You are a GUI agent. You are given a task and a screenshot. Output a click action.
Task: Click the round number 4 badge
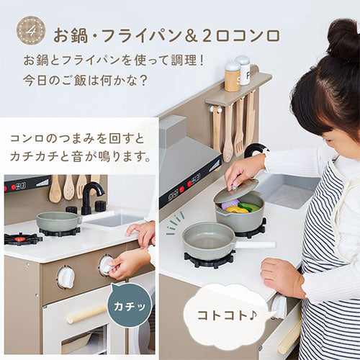(x=31, y=30)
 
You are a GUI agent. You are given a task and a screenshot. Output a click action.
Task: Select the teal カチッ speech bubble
(x=130, y=305)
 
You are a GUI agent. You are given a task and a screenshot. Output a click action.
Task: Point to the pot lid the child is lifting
(x=236, y=191)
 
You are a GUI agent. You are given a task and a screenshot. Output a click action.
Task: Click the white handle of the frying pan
(x=255, y=245)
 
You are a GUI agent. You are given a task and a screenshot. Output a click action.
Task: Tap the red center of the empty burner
(x=20, y=239)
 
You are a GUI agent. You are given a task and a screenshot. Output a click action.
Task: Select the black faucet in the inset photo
(x=91, y=197)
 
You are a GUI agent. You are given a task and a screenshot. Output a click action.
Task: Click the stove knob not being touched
(x=66, y=277)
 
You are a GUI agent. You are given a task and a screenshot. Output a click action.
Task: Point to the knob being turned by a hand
(x=106, y=266)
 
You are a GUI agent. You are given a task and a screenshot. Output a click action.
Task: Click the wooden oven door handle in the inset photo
(x=87, y=314)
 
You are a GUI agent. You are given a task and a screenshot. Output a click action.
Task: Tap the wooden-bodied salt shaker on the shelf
(x=232, y=76)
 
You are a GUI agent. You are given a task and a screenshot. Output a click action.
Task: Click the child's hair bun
(x=344, y=38)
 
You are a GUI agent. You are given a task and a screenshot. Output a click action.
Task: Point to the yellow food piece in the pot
(x=237, y=210)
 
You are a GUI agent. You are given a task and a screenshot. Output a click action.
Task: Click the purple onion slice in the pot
(x=230, y=204)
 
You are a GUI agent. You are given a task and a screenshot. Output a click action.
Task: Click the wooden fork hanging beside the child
(x=239, y=127)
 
